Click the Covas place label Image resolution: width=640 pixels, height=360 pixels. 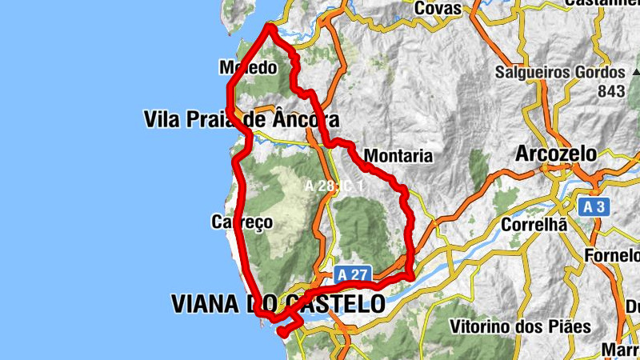(x=438, y=8)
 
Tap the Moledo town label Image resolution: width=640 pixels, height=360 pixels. (x=248, y=68)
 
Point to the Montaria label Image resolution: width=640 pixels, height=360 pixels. (x=398, y=156)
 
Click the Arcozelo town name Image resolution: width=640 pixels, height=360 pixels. (x=557, y=153)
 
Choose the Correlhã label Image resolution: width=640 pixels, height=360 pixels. (x=534, y=225)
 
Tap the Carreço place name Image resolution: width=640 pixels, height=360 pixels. (x=242, y=221)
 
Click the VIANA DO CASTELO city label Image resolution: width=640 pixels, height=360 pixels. (x=278, y=304)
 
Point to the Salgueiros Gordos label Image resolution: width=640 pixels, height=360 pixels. (x=560, y=72)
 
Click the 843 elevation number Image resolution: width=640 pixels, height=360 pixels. (x=610, y=91)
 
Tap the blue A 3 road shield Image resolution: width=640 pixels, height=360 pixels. (x=594, y=207)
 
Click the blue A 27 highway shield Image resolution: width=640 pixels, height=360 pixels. (x=352, y=274)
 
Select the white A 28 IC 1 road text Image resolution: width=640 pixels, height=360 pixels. (x=334, y=186)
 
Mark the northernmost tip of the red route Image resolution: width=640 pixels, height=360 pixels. (x=270, y=27)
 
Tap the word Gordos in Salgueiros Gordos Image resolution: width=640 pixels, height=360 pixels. (x=599, y=72)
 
